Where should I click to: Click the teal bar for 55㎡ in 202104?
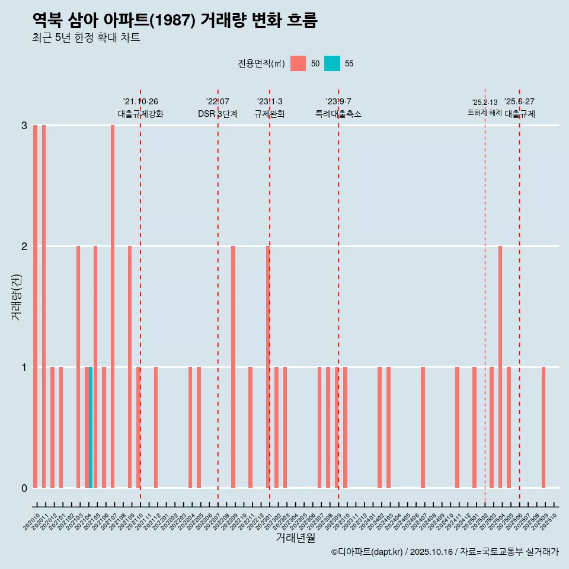(x=91, y=427)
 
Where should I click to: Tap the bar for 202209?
(x=233, y=367)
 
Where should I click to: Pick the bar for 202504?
(x=500, y=367)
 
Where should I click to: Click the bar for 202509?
(x=544, y=427)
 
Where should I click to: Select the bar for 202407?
(x=423, y=427)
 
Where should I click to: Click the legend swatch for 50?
(x=298, y=63)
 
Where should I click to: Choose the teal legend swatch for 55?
(x=332, y=63)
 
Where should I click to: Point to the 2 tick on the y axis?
(x=24, y=246)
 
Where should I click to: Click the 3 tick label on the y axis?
(x=24, y=125)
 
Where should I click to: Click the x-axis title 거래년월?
(x=295, y=538)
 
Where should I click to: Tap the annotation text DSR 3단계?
(x=218, y=114)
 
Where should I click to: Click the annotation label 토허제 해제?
(x=485, y=113)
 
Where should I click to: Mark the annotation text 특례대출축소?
(x=338, y=114)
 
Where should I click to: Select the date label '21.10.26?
(x=140, y=101)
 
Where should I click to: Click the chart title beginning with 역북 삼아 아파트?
(x=175, y=20)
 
